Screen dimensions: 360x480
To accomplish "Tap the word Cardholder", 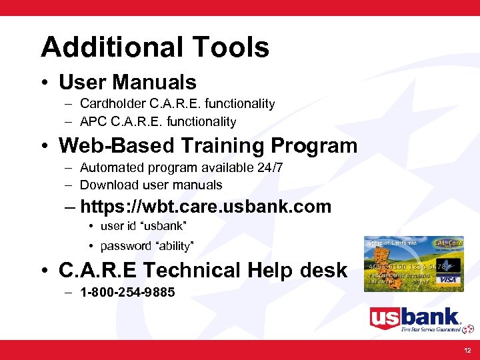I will pos(109,104).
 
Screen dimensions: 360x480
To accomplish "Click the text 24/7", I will pos(269,167).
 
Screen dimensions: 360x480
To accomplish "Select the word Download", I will pos(105,185).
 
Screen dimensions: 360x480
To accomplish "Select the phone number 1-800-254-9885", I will pos(127,292).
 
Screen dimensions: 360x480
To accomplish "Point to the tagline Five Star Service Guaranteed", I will pos(430,329).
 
